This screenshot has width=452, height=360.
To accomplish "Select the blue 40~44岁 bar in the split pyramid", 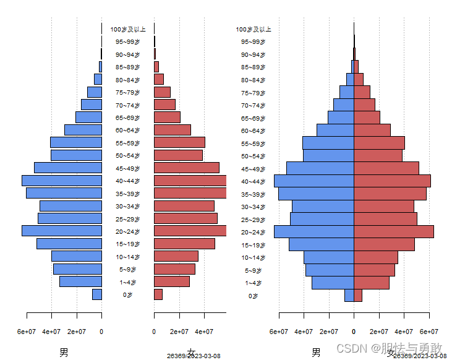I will pos(62,181).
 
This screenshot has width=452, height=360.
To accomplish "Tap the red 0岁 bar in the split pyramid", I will pos(158,294).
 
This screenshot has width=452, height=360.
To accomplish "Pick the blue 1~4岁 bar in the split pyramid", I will pos(80,281).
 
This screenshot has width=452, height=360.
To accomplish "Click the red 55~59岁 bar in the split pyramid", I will pos(179,142).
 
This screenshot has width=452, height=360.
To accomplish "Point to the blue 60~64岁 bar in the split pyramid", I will pos(83,130).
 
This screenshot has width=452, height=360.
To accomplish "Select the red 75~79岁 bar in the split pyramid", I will pos(162,92).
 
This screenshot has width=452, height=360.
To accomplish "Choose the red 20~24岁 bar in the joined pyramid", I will pos(393,231).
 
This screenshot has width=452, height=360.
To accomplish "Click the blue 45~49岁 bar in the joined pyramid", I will pos(320,168).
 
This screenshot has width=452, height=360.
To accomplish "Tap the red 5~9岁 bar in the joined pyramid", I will pos(374,270).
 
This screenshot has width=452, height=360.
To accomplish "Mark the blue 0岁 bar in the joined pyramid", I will pos(349,296).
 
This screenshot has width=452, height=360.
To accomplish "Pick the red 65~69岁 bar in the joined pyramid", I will pos(367,118).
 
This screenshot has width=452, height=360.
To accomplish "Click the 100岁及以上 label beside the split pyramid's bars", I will pos(128,29).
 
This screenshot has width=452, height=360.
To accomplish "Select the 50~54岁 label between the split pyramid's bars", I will pos(127,156).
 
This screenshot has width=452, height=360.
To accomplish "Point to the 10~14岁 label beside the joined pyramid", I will pos(254,257).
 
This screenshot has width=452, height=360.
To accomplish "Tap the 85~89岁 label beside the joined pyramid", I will pos(254,67).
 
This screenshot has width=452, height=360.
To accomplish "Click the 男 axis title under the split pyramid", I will pos(64,353).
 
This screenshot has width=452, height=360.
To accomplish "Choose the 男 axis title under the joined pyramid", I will pos(316,353).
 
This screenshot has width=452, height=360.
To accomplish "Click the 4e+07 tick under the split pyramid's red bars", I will pos(204,332).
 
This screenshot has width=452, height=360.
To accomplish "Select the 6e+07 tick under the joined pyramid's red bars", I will pos(429,332).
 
